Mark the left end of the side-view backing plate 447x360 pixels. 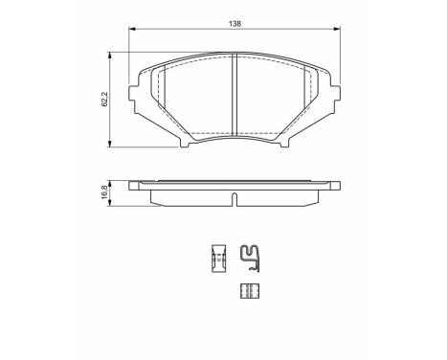(x=133, y=185)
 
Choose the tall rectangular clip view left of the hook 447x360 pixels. (x=217, y=258)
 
